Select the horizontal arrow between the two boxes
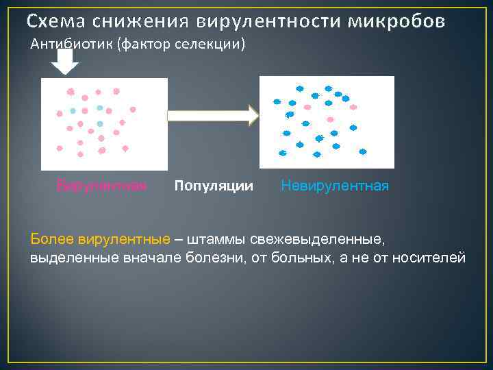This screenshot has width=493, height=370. tap(213, 115)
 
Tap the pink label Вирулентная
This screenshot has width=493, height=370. tap(101, 186)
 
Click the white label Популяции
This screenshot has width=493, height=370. tap(214, 186)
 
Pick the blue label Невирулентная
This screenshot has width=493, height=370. tap(335, 186)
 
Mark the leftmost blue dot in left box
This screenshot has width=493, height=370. tap(73, 111)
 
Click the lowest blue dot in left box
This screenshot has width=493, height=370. tap(100, 124)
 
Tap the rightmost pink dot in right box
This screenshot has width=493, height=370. tap(353, 107)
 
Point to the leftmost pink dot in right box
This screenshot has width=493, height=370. tap(307, 107)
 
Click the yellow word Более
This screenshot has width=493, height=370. tap(51, 239)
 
